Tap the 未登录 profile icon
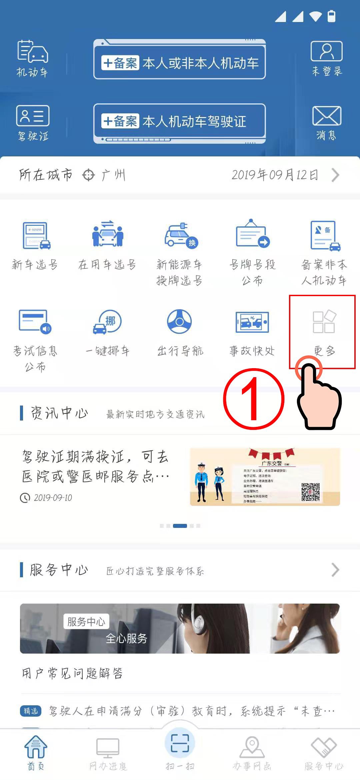coord(326,51)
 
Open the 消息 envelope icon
coord(326,116)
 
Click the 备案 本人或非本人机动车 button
coord(180,63)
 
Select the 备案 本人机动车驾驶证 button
coord(180,121)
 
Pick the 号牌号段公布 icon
coord(252,234)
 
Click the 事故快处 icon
coord(252,322)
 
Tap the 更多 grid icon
coord(324,322)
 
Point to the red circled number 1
coord(253,399)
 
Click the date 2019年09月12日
coord(275,175)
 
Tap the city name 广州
coord(113,175)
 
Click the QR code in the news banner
coord(310,492)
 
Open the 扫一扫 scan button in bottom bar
coord(180,743)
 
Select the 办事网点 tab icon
coord(252,747)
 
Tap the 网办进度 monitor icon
coord(108,747)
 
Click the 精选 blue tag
coord(31,711)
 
